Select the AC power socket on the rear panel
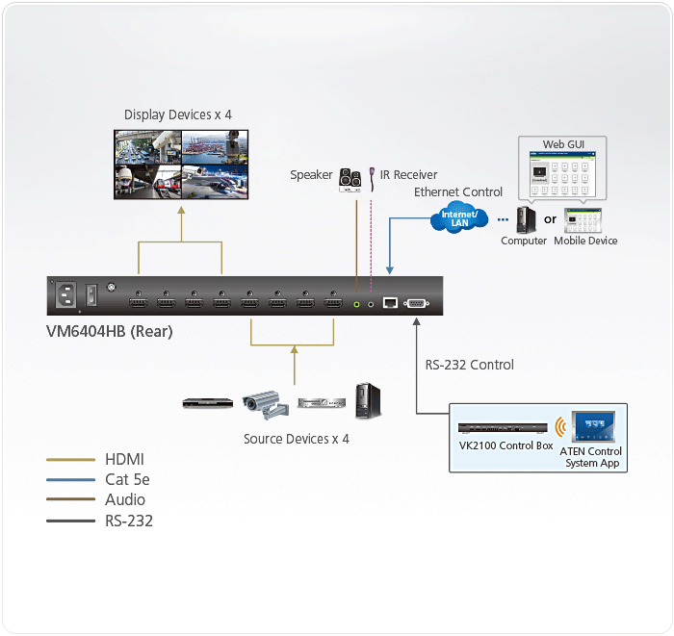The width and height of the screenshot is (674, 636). point(68,295)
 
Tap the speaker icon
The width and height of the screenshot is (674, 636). point(350,179)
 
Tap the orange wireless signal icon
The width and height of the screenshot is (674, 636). point(558,426)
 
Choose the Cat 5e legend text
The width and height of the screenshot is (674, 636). point(126,480)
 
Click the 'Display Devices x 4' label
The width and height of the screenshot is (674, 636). point(178,115)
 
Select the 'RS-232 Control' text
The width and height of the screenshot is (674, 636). point(470,365)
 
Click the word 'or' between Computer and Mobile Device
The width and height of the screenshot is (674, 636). point(551,219)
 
